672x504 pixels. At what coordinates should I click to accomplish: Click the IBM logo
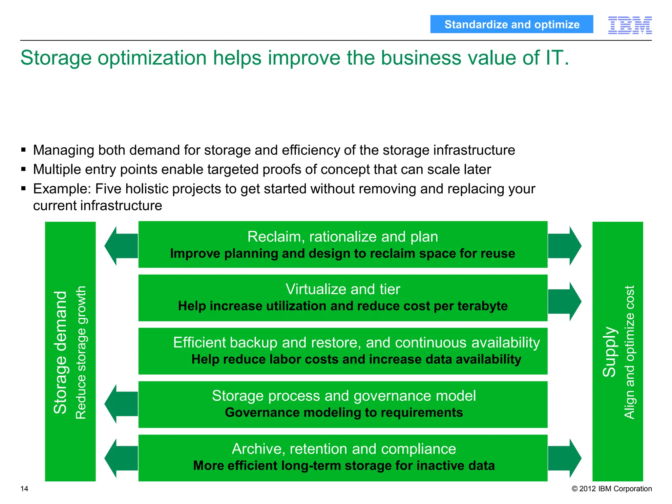coord(630,25)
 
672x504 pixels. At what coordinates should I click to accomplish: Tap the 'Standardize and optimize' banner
coord(512,24)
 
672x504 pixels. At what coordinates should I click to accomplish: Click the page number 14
coord(24,489)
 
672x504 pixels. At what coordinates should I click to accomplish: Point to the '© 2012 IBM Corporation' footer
coord(612,489)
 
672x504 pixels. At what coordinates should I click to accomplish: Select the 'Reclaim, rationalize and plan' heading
coord(343,237)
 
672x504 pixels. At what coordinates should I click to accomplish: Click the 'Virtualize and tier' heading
coord(343,289)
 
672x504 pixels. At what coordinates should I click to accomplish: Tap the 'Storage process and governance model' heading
coord(344,395)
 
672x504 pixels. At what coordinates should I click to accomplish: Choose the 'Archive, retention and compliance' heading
coord(344,449)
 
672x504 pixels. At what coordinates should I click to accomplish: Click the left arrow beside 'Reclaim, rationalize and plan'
coord(120,246)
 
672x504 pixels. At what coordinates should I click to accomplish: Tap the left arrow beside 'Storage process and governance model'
coord(120,404)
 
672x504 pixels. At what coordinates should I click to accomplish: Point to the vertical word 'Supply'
coord(610,351)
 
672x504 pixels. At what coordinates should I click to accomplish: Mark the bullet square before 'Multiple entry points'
coord(23,169)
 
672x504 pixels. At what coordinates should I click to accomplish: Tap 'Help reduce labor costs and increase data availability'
coord(356,359)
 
